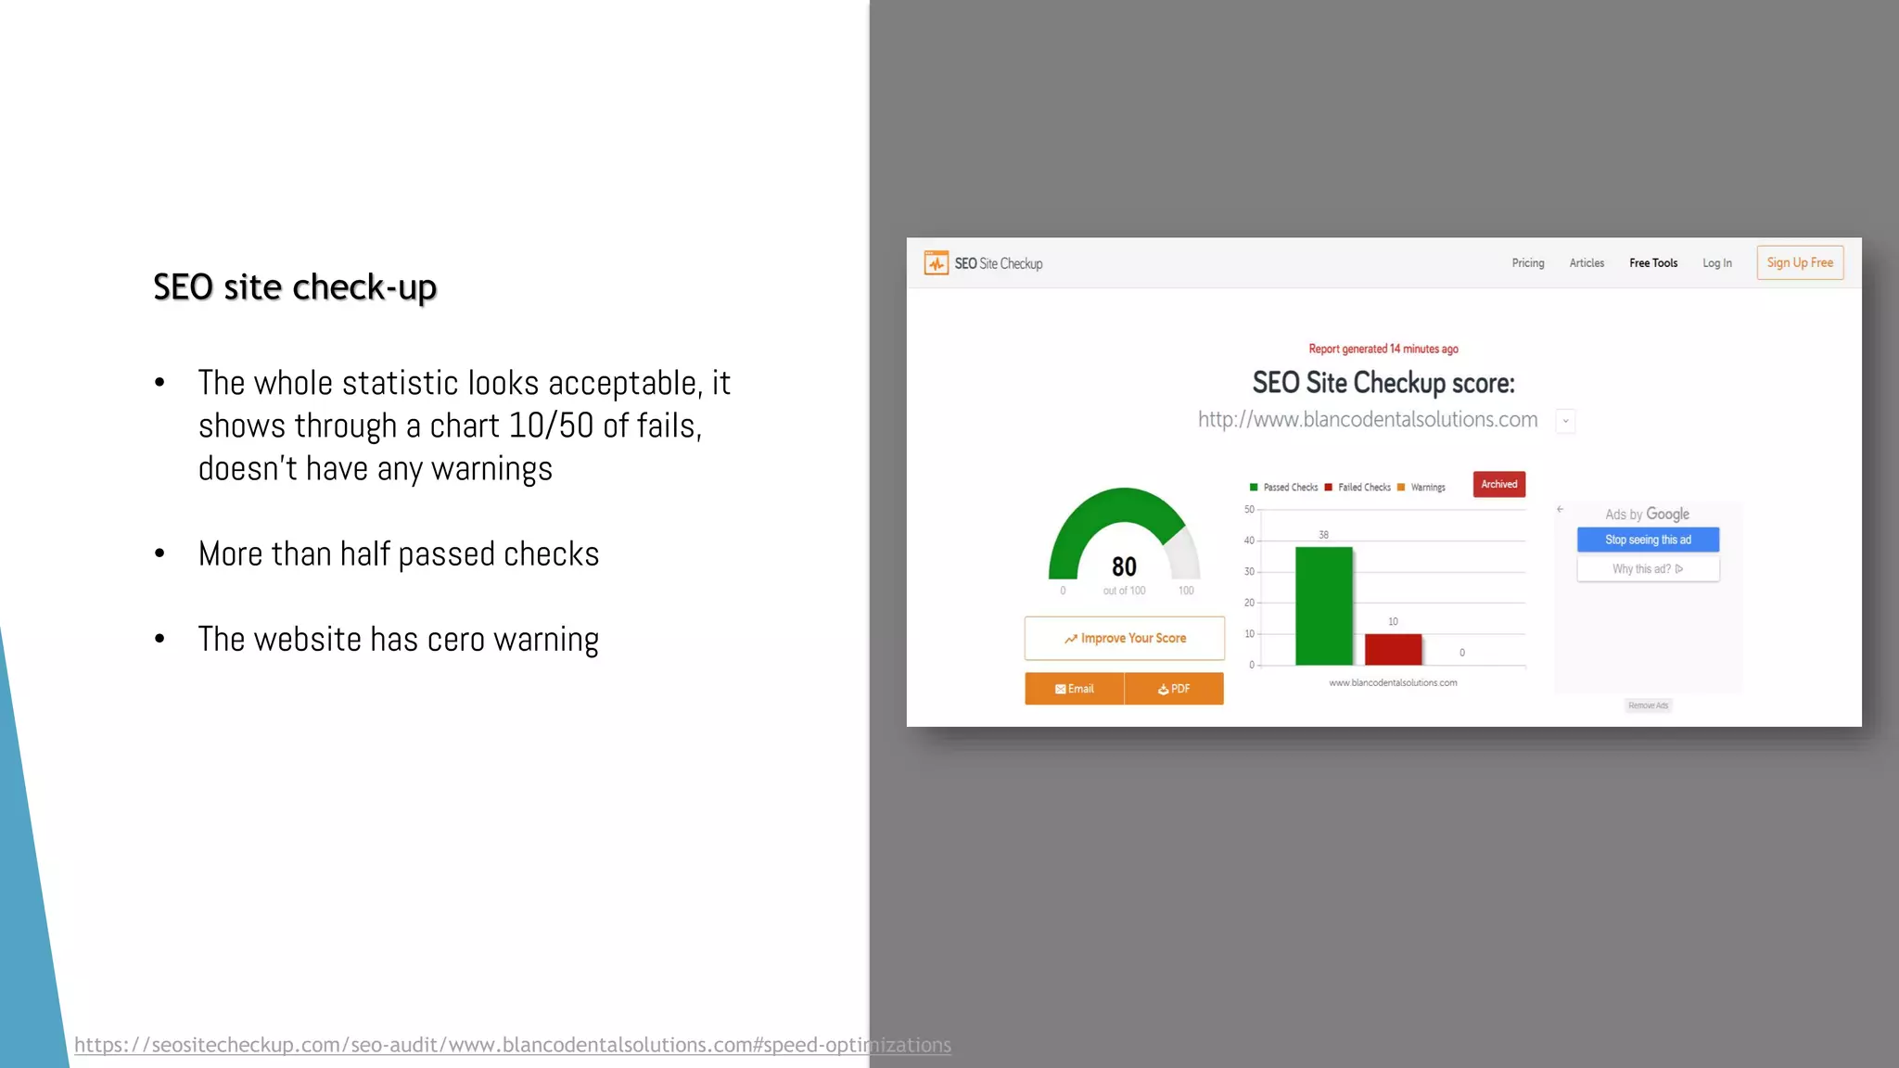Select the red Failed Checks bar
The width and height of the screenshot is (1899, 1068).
click(1393, 649)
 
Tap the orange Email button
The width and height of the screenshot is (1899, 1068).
click(1074, 689)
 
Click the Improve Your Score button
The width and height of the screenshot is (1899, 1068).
click(1124, 639)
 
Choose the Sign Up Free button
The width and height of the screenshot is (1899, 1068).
click(1799, 262)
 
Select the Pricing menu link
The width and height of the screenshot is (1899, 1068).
click(1527, 263)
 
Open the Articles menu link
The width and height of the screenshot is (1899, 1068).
click(1587, 263)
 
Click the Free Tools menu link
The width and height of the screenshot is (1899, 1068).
click(1652, 263)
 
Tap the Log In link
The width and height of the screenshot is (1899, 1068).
click(1716, 263)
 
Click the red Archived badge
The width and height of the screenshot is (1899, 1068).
click(1498, 485)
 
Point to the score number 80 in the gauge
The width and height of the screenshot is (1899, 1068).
click(1124, 566)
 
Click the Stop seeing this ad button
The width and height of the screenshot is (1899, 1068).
click(1648, 540)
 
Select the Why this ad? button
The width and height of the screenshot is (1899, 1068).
click(1648, 569)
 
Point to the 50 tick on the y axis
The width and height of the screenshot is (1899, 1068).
click(1249, 510)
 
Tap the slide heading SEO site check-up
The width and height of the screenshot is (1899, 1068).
click(295, 287)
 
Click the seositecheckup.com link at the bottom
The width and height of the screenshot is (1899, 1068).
click(512, 1045)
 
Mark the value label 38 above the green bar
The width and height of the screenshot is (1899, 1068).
click(1323, 535)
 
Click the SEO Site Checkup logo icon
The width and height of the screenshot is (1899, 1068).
click(936, 263)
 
